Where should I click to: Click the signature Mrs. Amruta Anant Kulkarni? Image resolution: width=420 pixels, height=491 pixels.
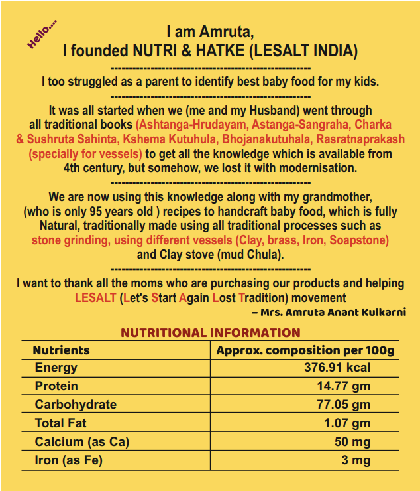329,312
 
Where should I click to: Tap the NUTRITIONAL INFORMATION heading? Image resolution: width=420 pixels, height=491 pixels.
210,333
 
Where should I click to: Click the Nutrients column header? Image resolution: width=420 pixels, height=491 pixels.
61,350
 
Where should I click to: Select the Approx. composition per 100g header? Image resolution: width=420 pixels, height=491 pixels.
305,350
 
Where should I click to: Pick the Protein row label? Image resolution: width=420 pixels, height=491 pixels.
56,386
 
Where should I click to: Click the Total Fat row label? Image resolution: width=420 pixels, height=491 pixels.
60,423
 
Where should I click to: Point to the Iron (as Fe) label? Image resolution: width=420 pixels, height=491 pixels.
69,460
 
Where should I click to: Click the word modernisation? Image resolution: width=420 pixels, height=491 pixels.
308,168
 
